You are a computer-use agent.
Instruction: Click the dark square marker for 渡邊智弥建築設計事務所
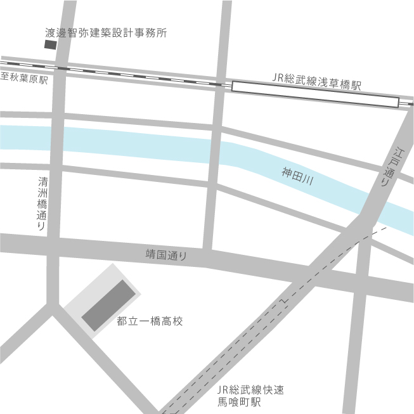[x=49, y=45]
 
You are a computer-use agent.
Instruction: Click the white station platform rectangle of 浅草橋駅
[x=315, y=94]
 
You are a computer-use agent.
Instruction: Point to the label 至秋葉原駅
[x=25, y=79]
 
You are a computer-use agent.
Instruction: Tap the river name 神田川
[x=297, y=176]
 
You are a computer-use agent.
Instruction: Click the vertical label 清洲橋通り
[x=42, y=203]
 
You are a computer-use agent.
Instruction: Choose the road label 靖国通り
[x=166, y=255]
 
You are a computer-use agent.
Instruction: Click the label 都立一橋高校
[x=150, y=321]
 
